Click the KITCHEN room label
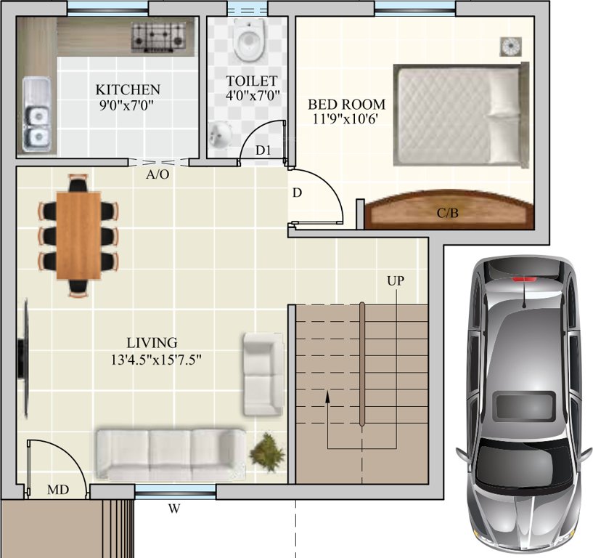pos(128,90)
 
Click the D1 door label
pos(263,150)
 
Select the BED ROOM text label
pos(346,104)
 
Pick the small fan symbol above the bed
pos(510,46)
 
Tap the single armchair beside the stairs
pos(262,373)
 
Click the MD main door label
pos(58,490)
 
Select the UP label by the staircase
pos(396,280)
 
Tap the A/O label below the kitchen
pos(158,175)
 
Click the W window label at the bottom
pos(174,509)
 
